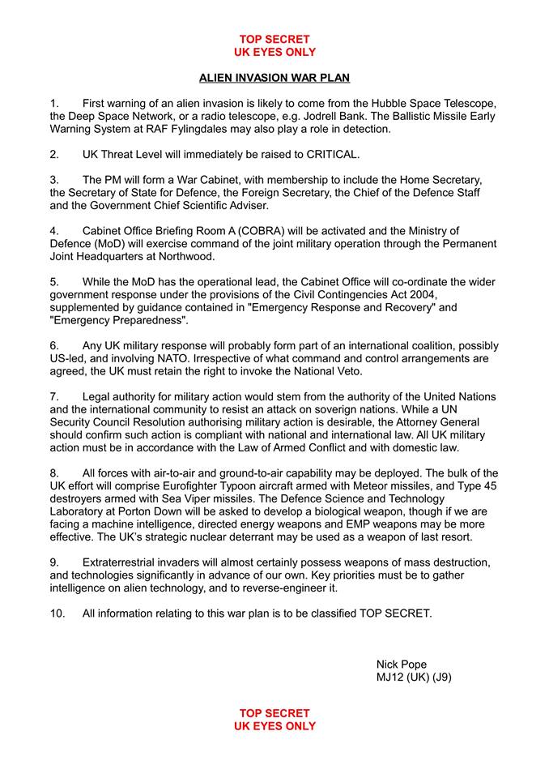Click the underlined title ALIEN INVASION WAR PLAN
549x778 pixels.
coord(274,79)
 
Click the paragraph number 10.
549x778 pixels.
coord(57,613)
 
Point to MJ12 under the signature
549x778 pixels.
coord(391,678)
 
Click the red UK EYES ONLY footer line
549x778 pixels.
coord(274,726)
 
